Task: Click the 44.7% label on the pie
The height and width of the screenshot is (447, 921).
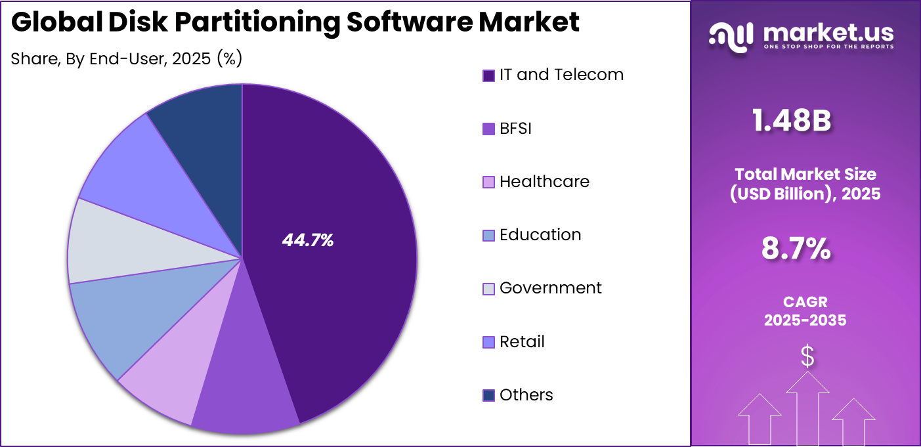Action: (x=308, y=241)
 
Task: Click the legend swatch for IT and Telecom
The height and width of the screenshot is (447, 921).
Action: (x=488, y=75)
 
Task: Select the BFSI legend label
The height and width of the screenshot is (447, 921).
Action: (x=515, y=128)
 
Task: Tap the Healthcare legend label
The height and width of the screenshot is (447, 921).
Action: (x=544, y=181)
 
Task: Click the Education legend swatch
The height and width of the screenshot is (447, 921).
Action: (x=488, y=235)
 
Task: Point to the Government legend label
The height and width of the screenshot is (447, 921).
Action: (x=550, y=287)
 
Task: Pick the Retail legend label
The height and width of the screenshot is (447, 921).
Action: (x=522, y=341)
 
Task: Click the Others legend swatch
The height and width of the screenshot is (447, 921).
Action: (x=488, y=395)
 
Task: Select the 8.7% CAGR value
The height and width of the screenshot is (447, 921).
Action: (x=796, y=249)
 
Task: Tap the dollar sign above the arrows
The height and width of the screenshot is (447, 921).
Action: (x=807, y=356)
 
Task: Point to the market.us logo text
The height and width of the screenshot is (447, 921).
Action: (x=828, y=33)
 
